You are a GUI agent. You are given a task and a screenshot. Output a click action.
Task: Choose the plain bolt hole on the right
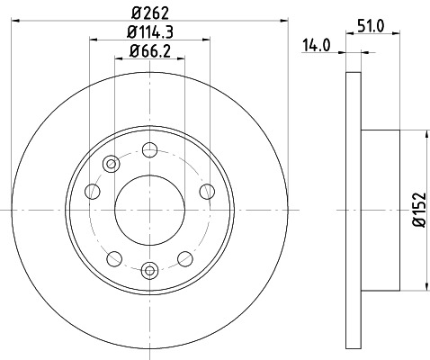pyautogui.click(x=207, y=190)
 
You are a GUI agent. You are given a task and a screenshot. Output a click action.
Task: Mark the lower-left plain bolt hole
pyautogui.click(x=112, y=257)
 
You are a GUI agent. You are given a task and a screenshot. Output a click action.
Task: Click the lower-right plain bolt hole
pyautogui.click(x=184, y=257)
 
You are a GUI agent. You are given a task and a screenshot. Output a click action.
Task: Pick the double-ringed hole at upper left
pyautogui.click(x=112, y=164)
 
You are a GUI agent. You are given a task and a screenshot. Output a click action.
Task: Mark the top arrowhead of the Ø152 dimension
pyautogui.click(x=418, y=134)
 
